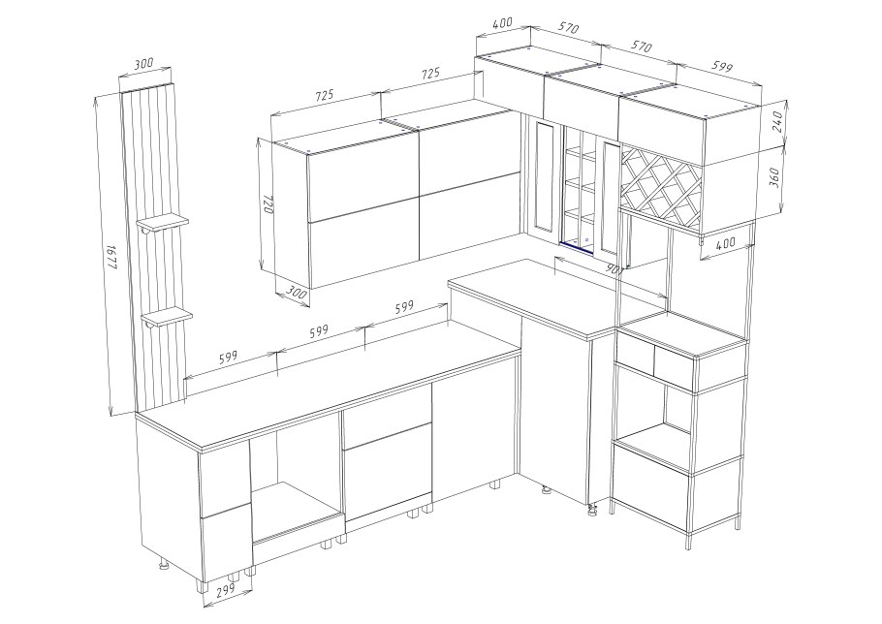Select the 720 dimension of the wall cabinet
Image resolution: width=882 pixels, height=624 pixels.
268,204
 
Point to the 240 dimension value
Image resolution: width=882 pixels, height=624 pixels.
777,122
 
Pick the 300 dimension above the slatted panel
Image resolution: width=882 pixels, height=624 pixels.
144,63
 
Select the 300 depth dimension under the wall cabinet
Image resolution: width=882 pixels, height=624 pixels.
296,293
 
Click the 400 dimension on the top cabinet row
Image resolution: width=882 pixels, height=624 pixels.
502,23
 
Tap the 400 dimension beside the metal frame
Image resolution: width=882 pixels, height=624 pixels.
726,243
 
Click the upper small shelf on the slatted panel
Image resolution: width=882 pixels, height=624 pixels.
163,223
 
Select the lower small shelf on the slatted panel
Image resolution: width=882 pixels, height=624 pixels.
167,317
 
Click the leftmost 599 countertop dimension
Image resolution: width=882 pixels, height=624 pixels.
229,357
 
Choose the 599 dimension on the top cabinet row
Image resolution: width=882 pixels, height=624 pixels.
722,66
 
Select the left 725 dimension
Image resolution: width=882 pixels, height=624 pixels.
325,96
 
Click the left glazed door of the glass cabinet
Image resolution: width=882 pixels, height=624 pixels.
544,177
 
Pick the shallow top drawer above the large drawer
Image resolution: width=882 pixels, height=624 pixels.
388,417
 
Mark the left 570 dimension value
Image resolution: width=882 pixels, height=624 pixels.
568,27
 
